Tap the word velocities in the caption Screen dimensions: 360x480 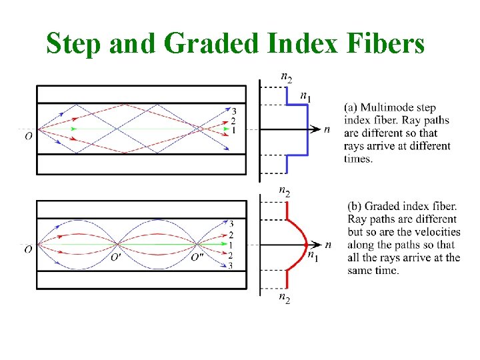(437, 232)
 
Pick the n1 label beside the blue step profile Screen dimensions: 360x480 (305, 97)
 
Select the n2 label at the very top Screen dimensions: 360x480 (285, 77)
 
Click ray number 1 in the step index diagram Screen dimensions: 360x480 (232, 130)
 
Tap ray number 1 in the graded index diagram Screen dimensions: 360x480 (231, 245)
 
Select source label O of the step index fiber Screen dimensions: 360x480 (28, 136)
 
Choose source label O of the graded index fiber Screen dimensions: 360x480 (28, 249)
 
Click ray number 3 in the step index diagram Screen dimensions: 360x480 (233, 111)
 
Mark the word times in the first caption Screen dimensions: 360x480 (358, 159)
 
